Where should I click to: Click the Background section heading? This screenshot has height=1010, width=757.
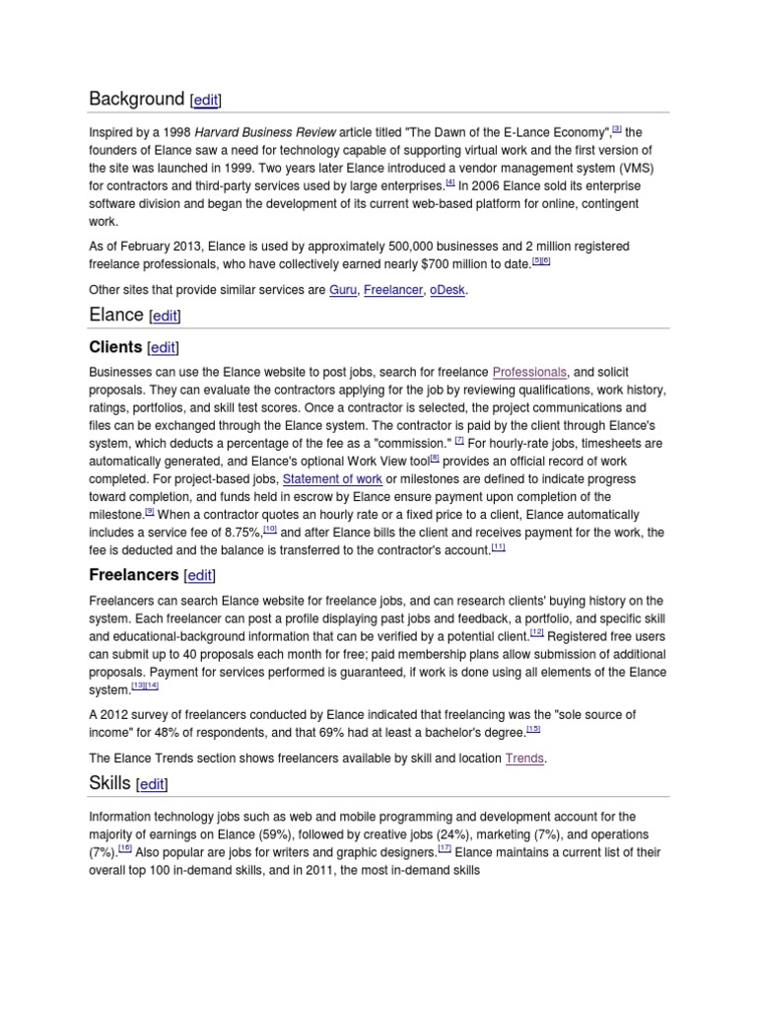tap(136, 99)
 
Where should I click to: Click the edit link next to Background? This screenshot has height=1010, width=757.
tap(205, 100)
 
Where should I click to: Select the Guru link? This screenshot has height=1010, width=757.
tap(342, 291)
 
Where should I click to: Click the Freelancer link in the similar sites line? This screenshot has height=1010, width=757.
tap(392, 291)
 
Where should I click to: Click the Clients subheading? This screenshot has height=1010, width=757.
tap(115, 347)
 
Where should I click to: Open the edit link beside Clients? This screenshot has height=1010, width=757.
tap(163, 348)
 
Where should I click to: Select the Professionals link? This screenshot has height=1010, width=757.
tap(529, 372)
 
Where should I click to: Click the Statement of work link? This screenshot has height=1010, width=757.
tap(331, 478)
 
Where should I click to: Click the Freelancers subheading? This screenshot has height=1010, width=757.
tap(133, 574)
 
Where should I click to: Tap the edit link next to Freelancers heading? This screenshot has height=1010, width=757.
tap(199, 575)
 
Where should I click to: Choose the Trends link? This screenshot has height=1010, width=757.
tap(524, 758)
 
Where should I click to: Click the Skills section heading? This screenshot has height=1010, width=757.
tap(109, 784)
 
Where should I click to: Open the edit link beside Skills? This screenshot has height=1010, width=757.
tap(153, 785)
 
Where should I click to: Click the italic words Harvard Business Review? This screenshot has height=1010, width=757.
tap(265, 132)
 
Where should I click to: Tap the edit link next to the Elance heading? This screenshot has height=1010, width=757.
tap(164, 316)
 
